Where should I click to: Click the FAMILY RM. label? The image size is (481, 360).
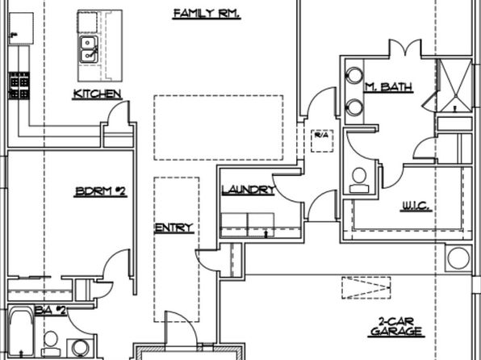pos(207,14)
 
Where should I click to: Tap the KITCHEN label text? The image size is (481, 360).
pos(97,94)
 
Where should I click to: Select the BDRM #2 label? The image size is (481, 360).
pos(100,191)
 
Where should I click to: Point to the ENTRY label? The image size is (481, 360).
pos(174,228)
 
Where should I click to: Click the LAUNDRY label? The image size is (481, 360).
pos(249,190)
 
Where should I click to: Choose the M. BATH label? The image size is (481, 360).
pos(388,87)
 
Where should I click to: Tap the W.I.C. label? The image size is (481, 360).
pos(416,206)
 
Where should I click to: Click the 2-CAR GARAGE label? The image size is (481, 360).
pos(396,327)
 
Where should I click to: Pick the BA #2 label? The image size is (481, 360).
pos(51,310)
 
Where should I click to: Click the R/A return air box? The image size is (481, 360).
pos(322,141)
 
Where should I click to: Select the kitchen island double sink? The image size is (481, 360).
pos(89,50)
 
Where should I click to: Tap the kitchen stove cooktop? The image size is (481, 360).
pos(19,86)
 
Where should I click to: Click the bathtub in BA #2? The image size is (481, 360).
pos(20,332)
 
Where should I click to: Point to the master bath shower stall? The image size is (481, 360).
pos(454,85)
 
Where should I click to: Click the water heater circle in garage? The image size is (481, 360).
pos(458,258)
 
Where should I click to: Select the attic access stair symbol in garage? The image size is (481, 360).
pos(366,287)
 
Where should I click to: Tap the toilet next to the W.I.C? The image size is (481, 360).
pos(359,180)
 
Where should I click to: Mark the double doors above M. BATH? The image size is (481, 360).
pos(405,48)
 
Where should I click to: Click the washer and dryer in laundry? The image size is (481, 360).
pos(248,224)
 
